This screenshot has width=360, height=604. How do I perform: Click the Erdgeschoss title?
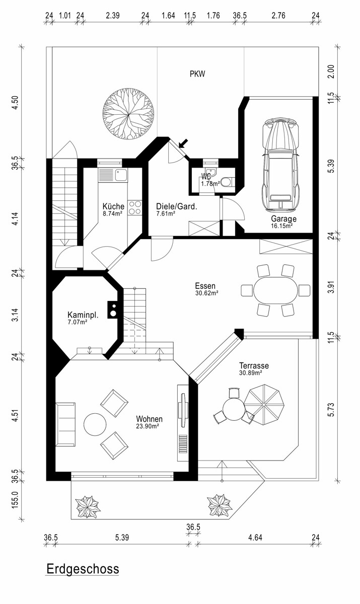coord(83,569)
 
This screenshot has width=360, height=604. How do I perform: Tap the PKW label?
coord(197,74)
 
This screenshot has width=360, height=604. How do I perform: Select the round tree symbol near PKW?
coord(128,114)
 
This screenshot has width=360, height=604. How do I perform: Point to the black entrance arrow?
coord(184,143)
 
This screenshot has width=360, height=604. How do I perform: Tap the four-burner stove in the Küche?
coord(134,207)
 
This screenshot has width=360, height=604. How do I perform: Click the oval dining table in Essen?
coord(275,290)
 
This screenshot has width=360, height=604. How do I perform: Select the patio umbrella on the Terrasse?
coord(264,405)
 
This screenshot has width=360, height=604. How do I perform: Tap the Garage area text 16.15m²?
coord(282,226)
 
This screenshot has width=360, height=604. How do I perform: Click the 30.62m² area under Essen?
coord(207,293)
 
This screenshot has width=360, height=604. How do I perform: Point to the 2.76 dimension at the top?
coord(278,16)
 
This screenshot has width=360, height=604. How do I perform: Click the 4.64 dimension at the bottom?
coord(255,538)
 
